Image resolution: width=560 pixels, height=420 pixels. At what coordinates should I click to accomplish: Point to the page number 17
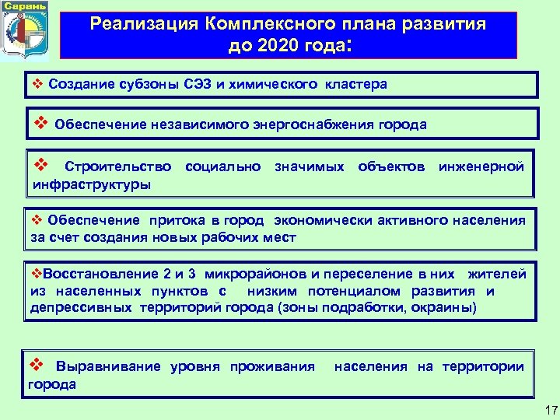548,409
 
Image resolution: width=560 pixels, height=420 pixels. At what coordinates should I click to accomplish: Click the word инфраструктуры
91,184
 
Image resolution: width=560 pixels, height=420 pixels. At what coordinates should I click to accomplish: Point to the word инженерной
481,166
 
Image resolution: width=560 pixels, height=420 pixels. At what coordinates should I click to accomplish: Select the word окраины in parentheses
443,307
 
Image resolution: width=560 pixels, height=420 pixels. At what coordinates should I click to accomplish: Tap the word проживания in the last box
272,366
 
